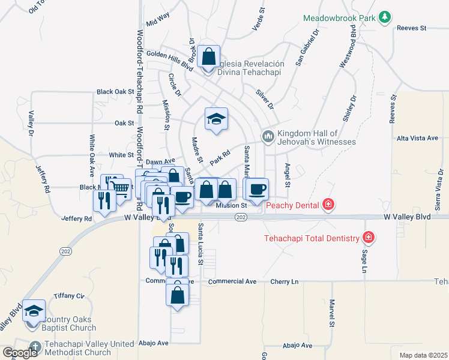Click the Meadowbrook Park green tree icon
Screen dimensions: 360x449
pos(385,19)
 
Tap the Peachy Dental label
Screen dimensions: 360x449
pos(292,206)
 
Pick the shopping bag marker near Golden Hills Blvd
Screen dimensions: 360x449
pos(208,58)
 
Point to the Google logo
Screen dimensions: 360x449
pos(19,353)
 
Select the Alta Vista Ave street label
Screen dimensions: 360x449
pos(417,138)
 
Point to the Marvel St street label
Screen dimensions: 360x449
pos(331,313)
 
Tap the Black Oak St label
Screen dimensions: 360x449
pos(115,92)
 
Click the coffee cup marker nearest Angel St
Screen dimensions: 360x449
pos(258,190)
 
